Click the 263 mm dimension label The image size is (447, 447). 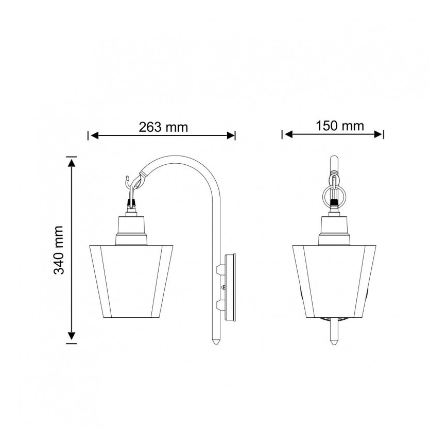tap(163, 127)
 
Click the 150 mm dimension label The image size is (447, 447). tap(340, 126)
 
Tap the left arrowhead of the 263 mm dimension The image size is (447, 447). tap(94, 136)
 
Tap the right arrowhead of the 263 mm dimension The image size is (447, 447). tap(231, 136)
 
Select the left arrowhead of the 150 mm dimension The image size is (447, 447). tap(288, 134)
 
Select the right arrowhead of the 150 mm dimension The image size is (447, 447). tap(378, 134)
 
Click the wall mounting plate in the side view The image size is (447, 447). tap(230, 287)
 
